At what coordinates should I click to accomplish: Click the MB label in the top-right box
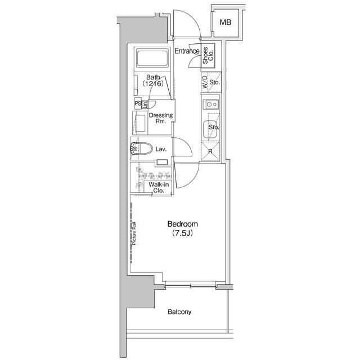click(225, 22)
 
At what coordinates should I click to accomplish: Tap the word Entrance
click(187, 52)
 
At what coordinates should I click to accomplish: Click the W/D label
click(204, 83)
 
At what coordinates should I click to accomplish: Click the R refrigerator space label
click(210, 151)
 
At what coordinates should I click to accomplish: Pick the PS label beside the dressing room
click(137, 103)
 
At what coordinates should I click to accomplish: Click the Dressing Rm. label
click(160, 119)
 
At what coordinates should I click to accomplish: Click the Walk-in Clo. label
click(158, 188)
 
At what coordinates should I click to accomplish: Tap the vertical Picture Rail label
click(135, 240)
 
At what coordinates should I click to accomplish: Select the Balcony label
click(179, 312)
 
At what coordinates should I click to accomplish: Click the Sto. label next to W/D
click(214, 83)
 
